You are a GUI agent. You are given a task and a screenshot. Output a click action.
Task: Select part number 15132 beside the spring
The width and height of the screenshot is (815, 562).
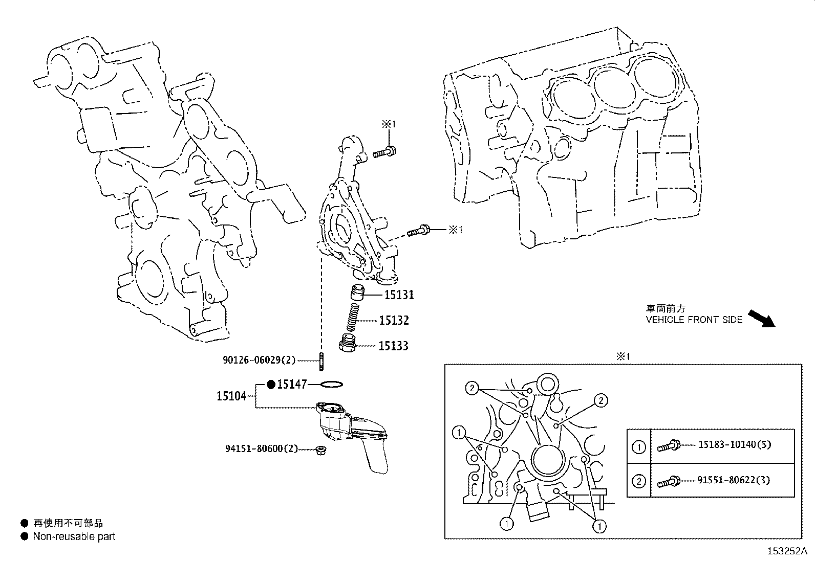[x=394, y=321]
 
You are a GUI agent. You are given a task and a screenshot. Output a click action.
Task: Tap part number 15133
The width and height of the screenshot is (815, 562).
[x=393, y=346]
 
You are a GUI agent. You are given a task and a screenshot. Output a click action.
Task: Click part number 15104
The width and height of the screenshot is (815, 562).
[x=231, y=396]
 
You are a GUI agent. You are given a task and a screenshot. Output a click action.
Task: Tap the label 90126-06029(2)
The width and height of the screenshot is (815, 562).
[x=259, y=361]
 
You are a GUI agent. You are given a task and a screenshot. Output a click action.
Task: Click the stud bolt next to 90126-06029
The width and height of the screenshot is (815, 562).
[x=321, y=362]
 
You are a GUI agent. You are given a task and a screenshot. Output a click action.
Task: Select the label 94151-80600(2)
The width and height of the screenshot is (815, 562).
[x=262, y=449]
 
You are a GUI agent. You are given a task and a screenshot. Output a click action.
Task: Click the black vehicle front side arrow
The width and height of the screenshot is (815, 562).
[x=762, y=318]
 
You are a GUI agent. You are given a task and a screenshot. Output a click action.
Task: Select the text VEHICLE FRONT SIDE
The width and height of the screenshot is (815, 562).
[x=694, y=320]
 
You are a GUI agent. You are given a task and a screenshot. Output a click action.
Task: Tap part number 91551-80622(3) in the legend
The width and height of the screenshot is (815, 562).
[x=733, y=480]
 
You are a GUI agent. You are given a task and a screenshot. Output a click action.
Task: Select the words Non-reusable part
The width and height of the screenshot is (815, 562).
[x=74, y=536]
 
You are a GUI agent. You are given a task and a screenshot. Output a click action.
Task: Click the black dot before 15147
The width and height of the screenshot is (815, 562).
[x=272, y=384]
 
